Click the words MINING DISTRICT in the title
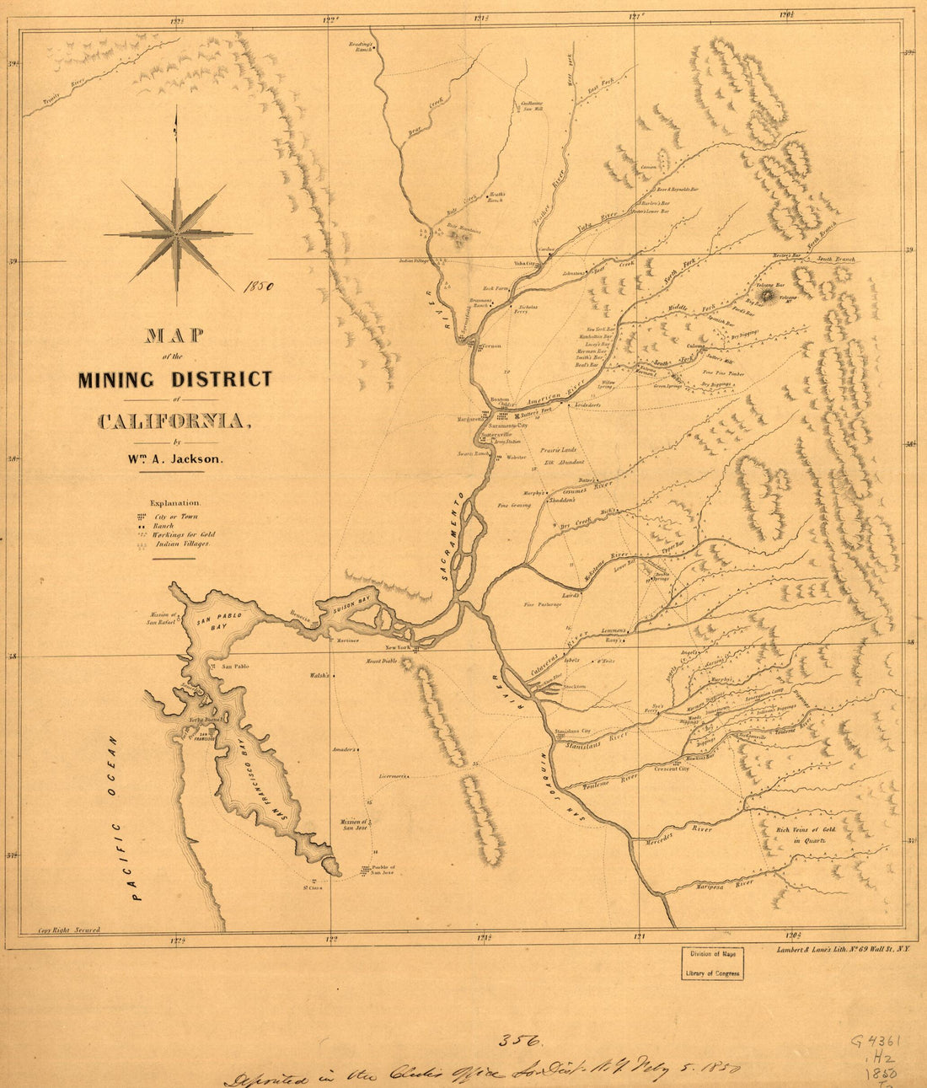point(175,379)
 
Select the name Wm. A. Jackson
point(174,459)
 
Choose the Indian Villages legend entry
point(184,544)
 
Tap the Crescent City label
point(672,769)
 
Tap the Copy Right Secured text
point(69,930)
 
